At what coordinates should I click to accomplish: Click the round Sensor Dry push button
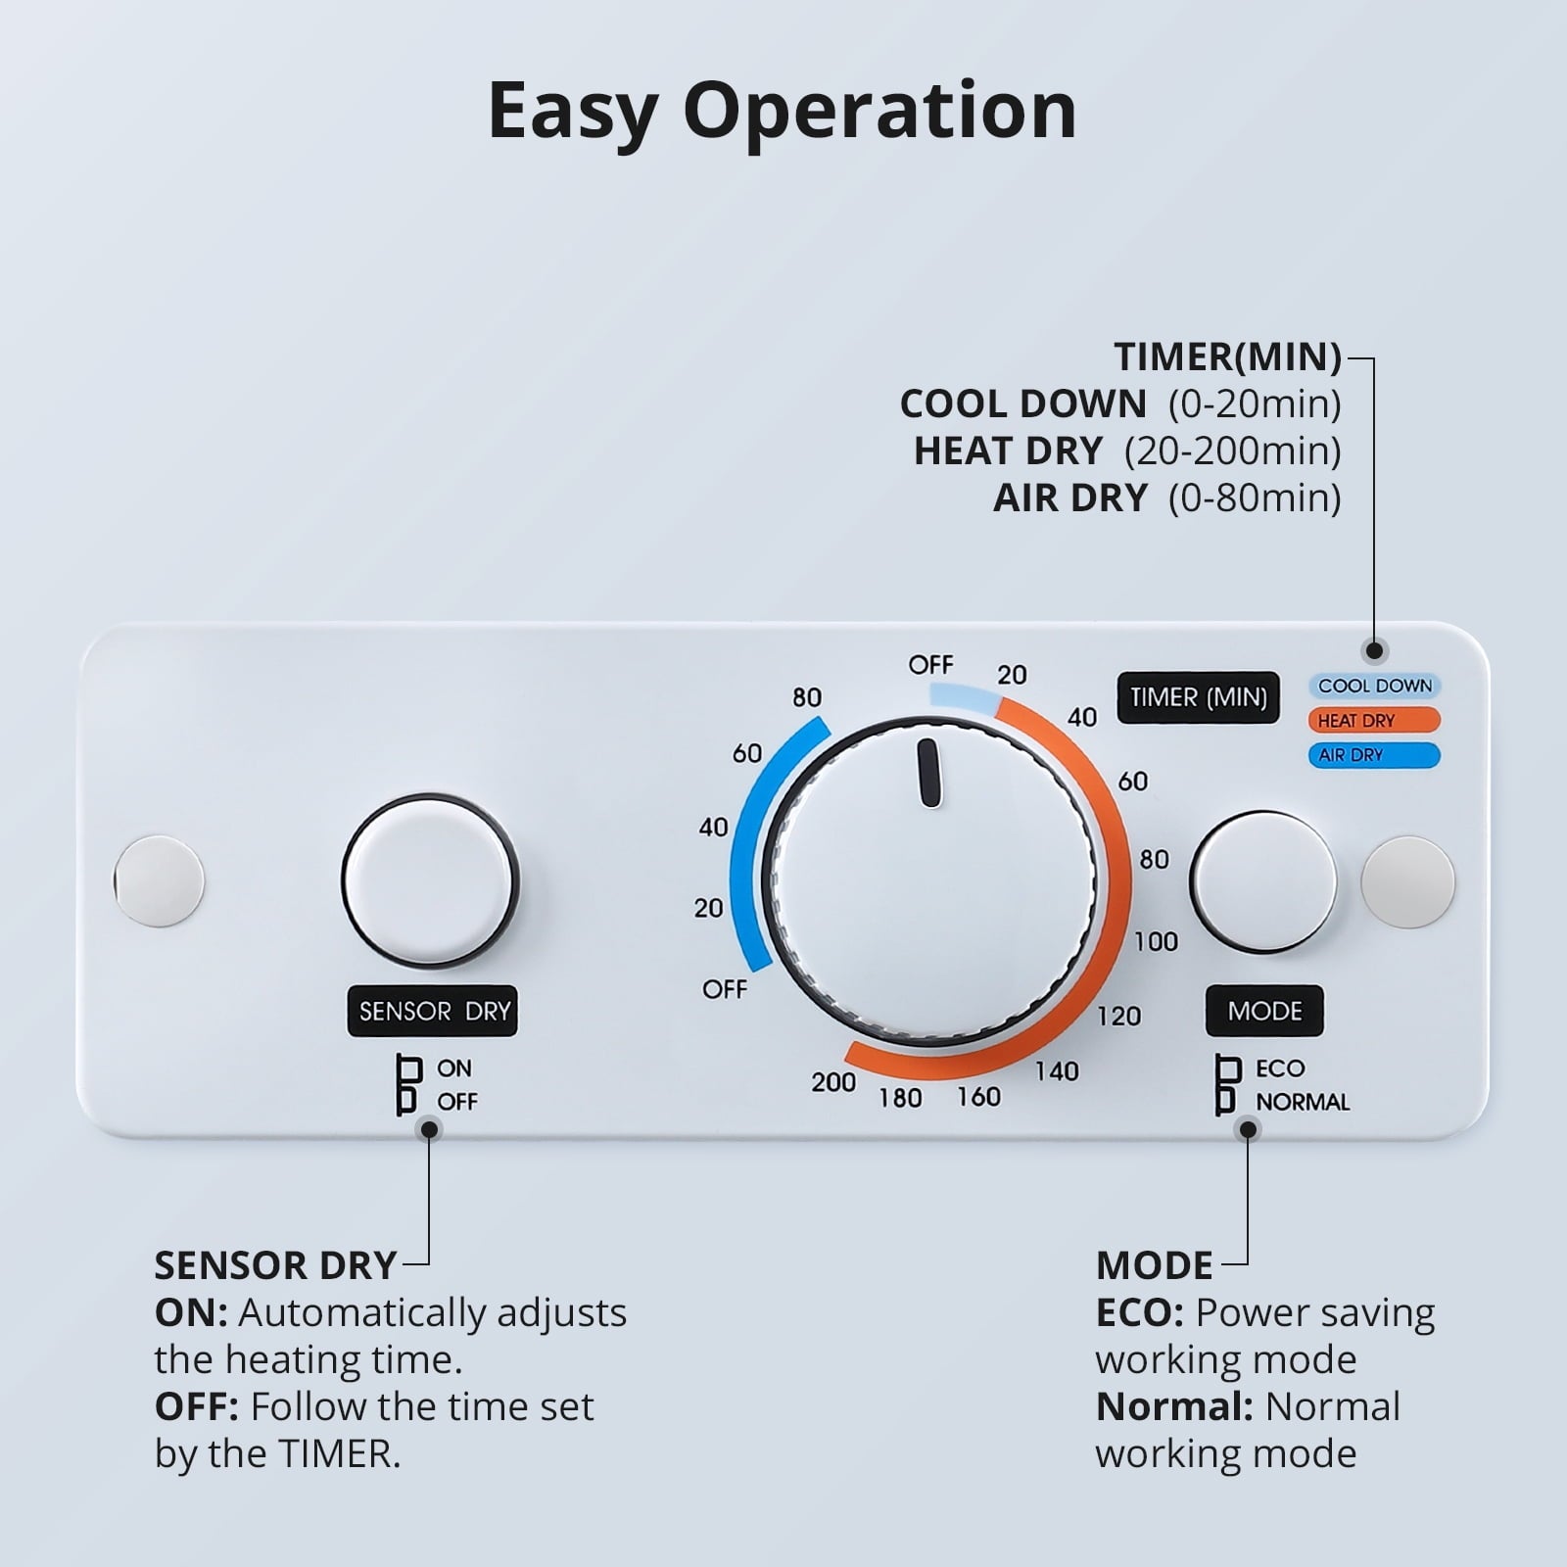[430, 880]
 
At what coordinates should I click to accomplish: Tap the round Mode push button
[1263, 881]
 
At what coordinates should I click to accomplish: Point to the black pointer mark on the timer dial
[929, 773]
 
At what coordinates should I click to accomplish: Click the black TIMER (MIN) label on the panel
[1198, 697]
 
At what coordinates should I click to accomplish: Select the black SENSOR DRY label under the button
[433, 1011]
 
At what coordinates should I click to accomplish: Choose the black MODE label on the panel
[1264, 1011]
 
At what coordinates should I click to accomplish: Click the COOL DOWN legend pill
[1374, 686]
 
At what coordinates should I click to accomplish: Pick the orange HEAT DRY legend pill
[1374, 720]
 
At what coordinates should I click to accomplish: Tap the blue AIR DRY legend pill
[1374, 755]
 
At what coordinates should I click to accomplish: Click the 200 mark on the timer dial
[833, 1082]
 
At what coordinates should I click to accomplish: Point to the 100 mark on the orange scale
[1156, 942]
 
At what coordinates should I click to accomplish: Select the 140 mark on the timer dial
[1057, 1071]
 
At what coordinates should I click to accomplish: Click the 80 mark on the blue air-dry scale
[807, 697]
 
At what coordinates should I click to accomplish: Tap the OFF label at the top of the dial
[930, 665]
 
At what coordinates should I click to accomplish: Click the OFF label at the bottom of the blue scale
[725, 989]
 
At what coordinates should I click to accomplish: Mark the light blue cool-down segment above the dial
[965, 696]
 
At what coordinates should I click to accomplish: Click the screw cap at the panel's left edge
[159, 880]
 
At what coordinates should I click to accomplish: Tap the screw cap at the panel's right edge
[1408, 881]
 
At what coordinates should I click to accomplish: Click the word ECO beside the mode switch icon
[1280, 1068]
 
